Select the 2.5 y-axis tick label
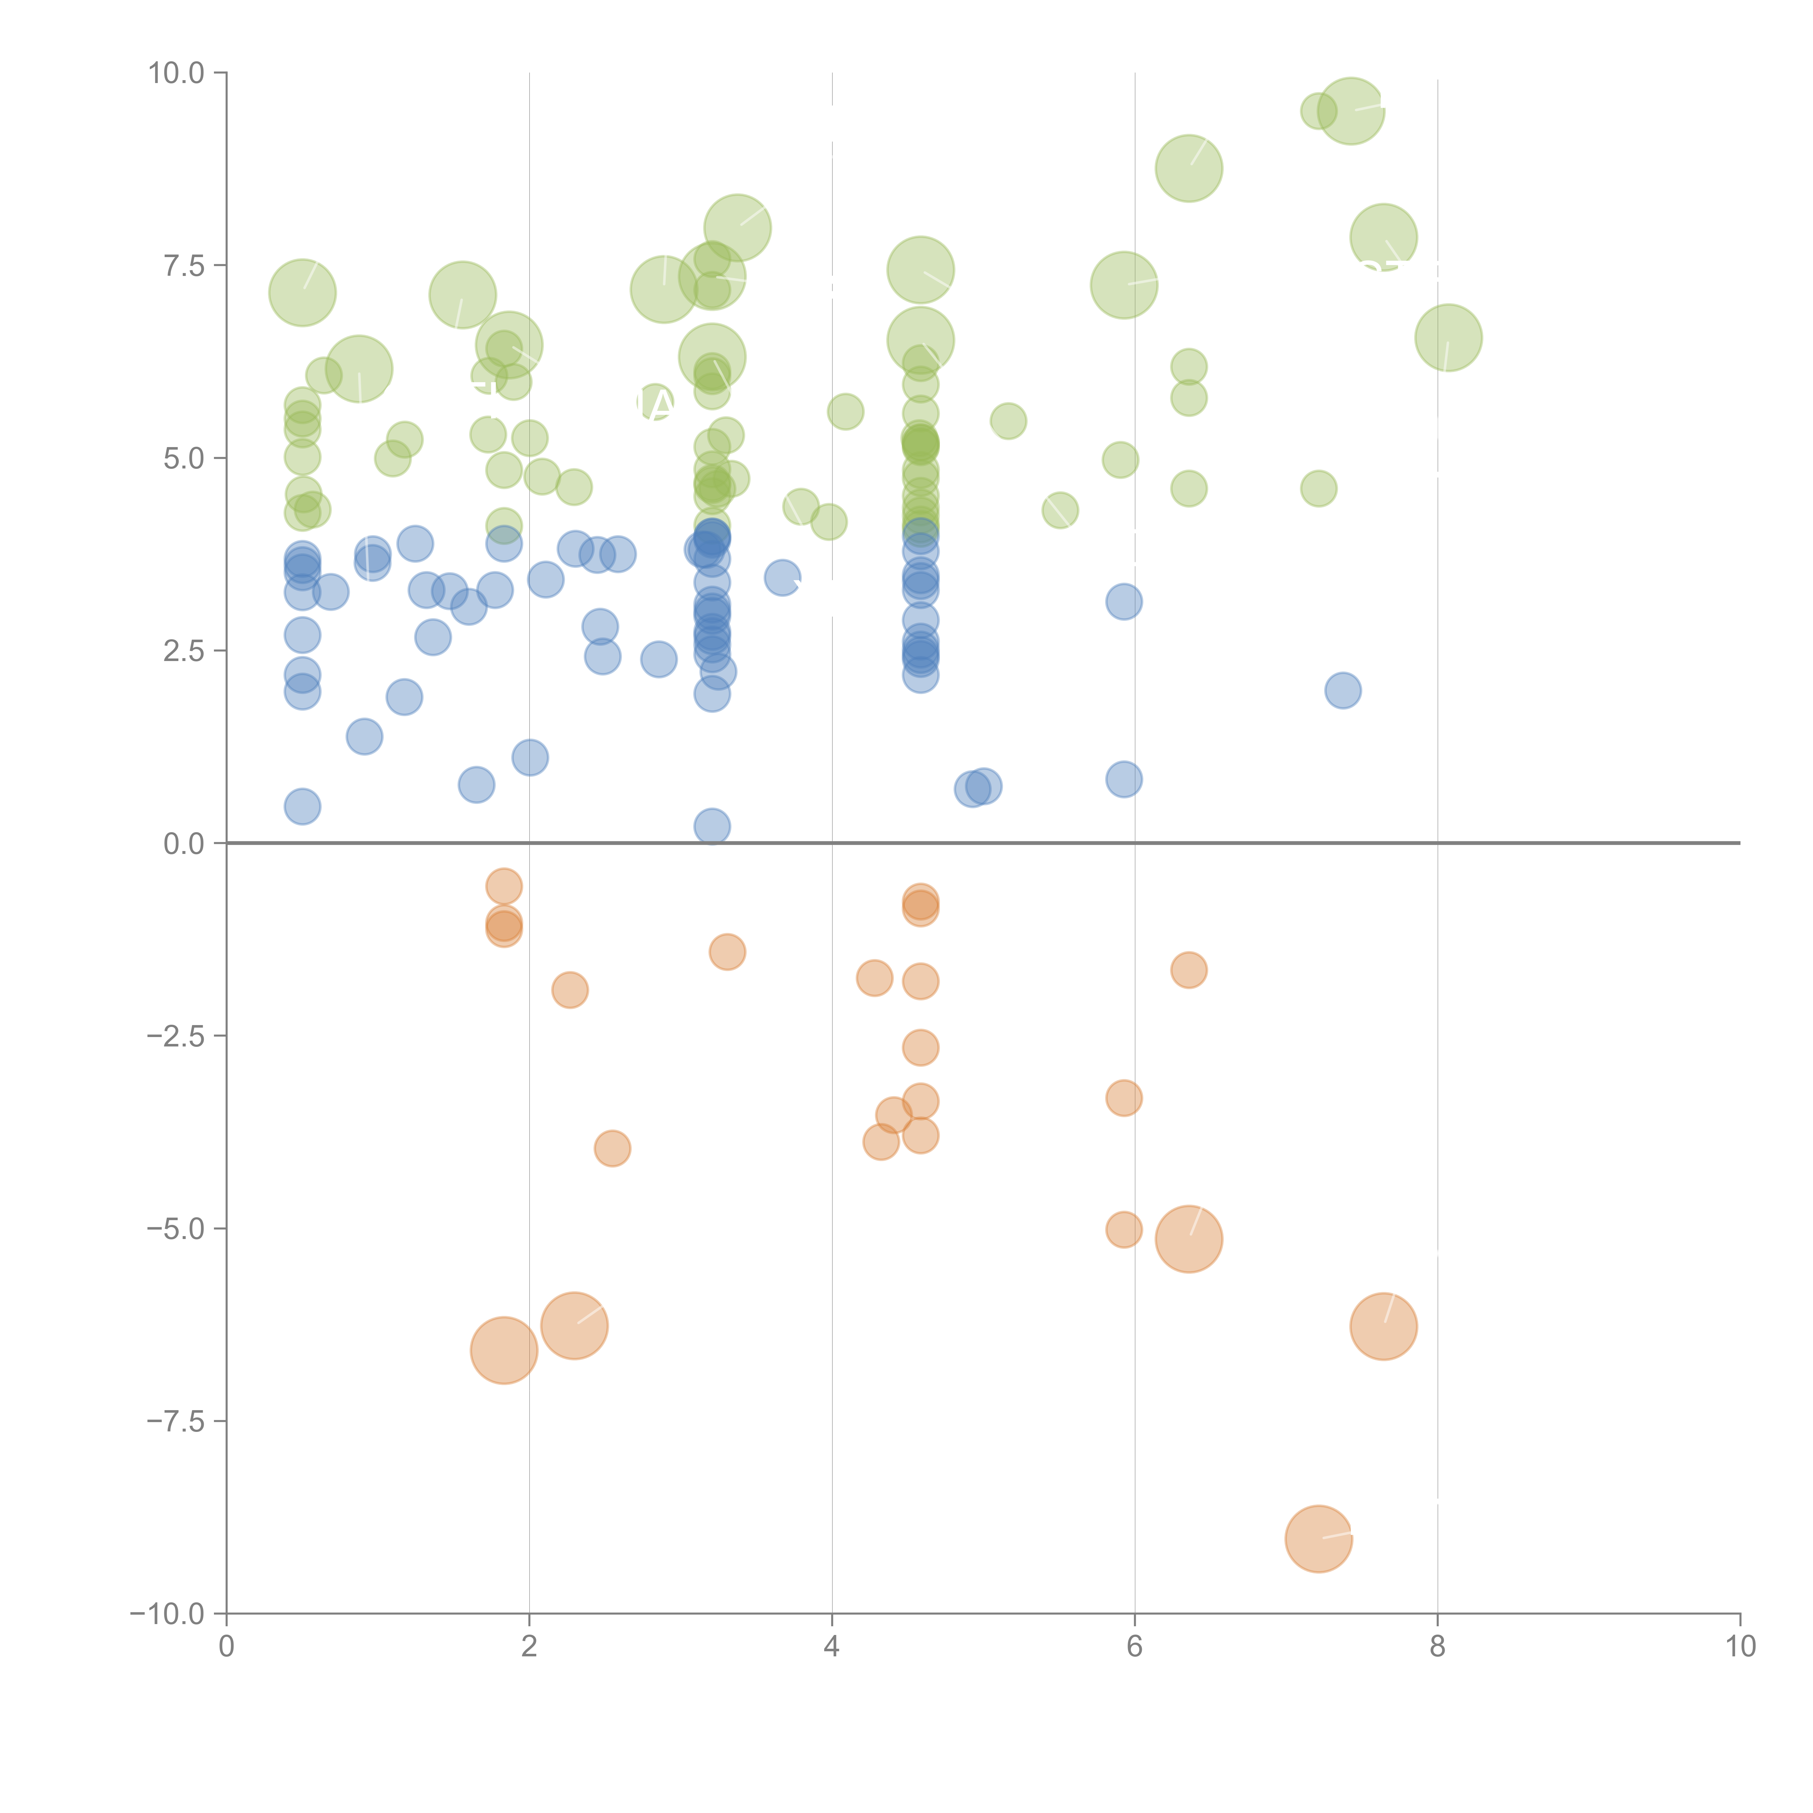(183, 651)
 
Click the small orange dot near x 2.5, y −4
(612, 1148)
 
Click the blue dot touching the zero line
(712, 826)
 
